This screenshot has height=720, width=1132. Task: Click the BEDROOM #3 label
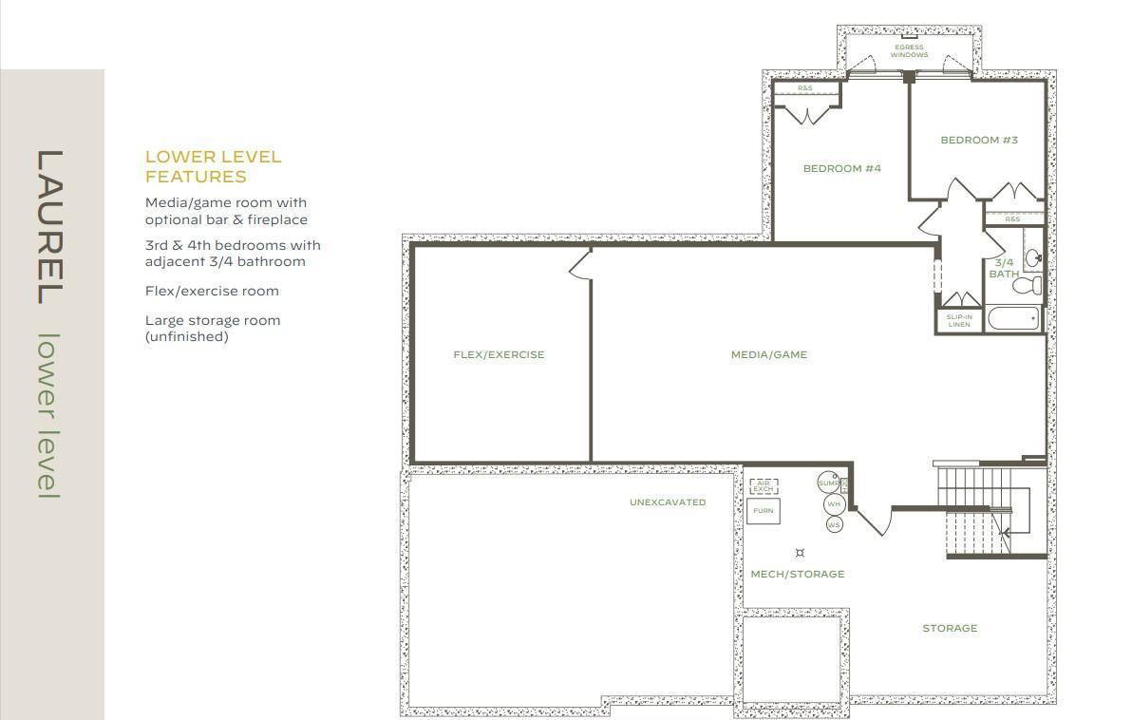point(979,140)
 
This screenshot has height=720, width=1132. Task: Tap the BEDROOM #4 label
point(841,168)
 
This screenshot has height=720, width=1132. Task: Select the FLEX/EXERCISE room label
point(499,354)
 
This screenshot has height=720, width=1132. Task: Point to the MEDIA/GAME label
point(769,354)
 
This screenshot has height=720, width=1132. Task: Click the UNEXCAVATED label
point(668,502)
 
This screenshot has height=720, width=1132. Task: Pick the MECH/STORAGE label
point(797,574)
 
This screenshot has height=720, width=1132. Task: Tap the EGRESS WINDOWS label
point(909,50)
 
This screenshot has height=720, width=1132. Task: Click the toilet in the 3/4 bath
point(1028,285)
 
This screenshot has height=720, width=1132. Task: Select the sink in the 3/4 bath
point(1033,256)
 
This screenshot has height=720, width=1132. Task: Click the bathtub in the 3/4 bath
point(1013,318)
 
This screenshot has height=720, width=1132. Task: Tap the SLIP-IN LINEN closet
point(959,321)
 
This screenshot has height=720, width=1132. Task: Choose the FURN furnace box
point(764,511)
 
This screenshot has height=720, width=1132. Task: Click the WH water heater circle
point(834,504)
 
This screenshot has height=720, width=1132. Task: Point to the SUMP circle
point(828,483)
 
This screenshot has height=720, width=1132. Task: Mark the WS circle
point(834,525)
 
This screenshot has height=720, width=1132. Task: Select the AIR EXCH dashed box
point(764,486)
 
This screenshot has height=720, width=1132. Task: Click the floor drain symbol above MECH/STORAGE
point(800,553)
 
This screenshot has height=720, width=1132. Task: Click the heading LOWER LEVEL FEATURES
point(213,167)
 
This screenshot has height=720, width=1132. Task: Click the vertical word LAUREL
point(49,227)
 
